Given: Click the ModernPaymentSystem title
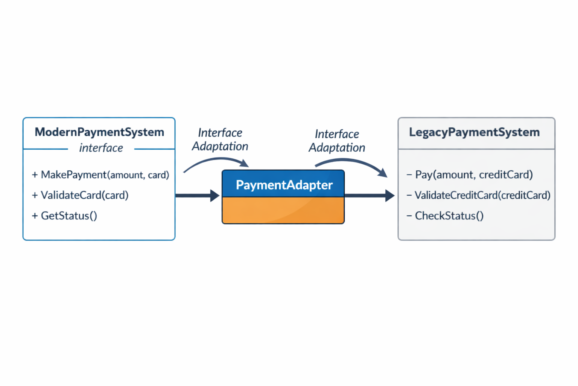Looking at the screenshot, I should pos(99,132).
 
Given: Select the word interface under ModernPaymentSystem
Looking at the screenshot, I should pos(101,148).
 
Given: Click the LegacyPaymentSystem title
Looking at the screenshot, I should pos(474,132).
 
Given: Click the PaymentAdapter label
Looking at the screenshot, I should pos(284,185).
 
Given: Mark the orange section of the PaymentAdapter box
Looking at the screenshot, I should pos(283,210).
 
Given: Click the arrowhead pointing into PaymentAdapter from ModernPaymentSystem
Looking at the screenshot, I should pos(215,196).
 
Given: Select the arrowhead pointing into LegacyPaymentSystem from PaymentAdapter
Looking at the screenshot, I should pos(390,196).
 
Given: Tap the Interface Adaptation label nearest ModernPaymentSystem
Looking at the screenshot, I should pos(220,139).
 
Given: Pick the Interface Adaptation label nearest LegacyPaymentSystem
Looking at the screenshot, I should pos(337,141).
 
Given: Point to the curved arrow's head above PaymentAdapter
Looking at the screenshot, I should pos(245,164).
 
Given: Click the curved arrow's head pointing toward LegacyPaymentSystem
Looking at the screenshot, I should pos(383,173).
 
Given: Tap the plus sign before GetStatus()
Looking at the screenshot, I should pos(35,216).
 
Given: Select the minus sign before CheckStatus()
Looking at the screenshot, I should pos(409,216).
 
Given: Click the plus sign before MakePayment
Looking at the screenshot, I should pos(35,175).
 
